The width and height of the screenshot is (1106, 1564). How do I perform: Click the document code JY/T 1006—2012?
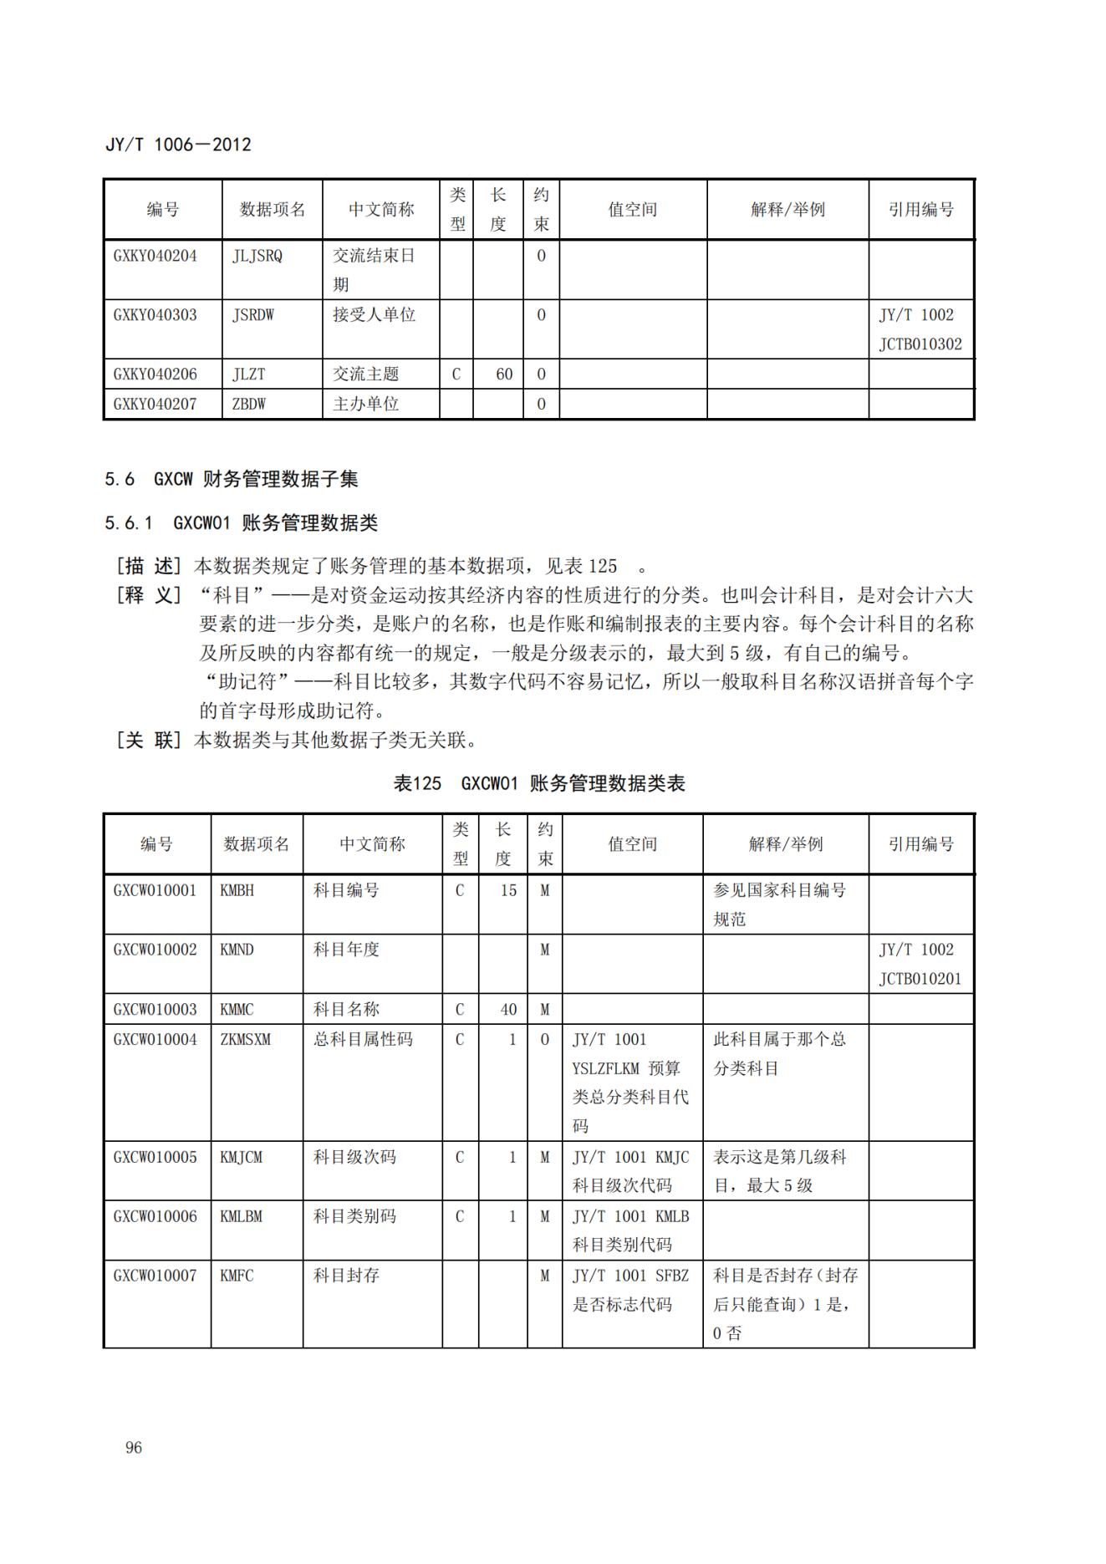click(178, 145)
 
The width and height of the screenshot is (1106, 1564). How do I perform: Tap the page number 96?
click(134, 1447)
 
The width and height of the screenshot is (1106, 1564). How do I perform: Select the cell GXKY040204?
click(155, 256)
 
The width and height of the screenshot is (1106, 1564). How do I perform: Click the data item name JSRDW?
click(253, 315)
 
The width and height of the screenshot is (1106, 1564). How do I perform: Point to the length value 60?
click(504, 374)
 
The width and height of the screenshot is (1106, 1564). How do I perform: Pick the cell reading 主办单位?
click(366, 404)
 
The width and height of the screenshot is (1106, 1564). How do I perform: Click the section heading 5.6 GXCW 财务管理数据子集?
click(232, 479)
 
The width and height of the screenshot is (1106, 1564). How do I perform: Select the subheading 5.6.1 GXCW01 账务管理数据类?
click(241, 523)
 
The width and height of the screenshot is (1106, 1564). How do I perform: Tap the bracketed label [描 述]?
click(148, 566)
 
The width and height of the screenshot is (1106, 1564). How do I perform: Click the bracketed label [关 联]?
click(148, 740)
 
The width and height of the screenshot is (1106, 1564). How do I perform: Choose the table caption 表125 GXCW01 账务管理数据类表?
click(539, 783)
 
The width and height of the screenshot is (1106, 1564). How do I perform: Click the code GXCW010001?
click(155, 890)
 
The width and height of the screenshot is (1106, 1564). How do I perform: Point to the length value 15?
click(508, 890)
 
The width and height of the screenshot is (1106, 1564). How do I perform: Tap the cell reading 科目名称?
click(346, 1009)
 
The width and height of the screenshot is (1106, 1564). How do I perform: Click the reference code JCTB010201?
click(920, 979)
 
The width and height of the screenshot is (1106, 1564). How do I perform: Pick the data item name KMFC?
click(237, 1276)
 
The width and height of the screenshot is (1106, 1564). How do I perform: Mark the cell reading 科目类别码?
click(354, 1216)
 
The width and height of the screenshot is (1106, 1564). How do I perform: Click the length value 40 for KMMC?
click(508, 1009)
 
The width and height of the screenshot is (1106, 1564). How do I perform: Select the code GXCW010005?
click(155, 1157)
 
